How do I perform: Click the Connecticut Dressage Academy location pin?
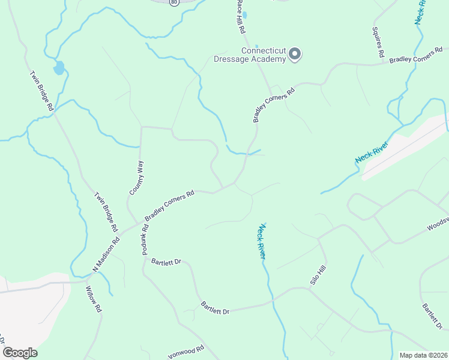[295, 55]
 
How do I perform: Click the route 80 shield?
[173, 2]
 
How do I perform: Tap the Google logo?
[20, 353]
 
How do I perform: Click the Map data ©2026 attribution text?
[423, 355]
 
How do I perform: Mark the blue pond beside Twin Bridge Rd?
[58, 68]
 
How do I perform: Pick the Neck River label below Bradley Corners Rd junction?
[262, 241]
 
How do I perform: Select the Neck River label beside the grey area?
[372, 150]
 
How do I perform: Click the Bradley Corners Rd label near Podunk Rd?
[169, 205]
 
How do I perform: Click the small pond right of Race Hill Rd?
[245, 15]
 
